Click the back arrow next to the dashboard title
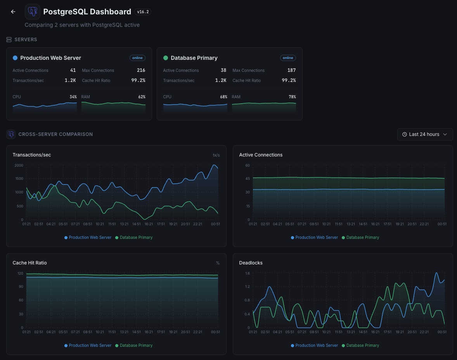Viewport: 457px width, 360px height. click(13, 12)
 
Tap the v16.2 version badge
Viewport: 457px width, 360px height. click(143, 12)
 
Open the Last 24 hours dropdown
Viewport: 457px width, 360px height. click(425, 134)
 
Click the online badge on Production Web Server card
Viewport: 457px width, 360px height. click(137, 58)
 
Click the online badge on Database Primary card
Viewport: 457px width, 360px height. click(288, 58)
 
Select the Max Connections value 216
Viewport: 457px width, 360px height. click(141, 70)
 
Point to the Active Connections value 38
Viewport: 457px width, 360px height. click(223, 70)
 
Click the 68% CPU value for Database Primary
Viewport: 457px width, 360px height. click(223, 97)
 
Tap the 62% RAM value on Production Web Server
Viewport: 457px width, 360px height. click(142, 97)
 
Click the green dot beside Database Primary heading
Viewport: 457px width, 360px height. click(166, 58)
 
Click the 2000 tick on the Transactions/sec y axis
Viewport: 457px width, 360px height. click(19, 165)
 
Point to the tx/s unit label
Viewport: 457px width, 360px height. click(216, 155)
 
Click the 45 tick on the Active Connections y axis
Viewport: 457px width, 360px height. click(247, 179)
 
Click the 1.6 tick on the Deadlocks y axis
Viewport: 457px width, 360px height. click(247, 273)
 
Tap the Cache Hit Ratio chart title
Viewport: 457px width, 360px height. click(29, 263)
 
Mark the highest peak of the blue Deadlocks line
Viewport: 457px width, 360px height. click(437, 273)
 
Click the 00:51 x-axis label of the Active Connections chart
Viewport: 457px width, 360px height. click(442, 224)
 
